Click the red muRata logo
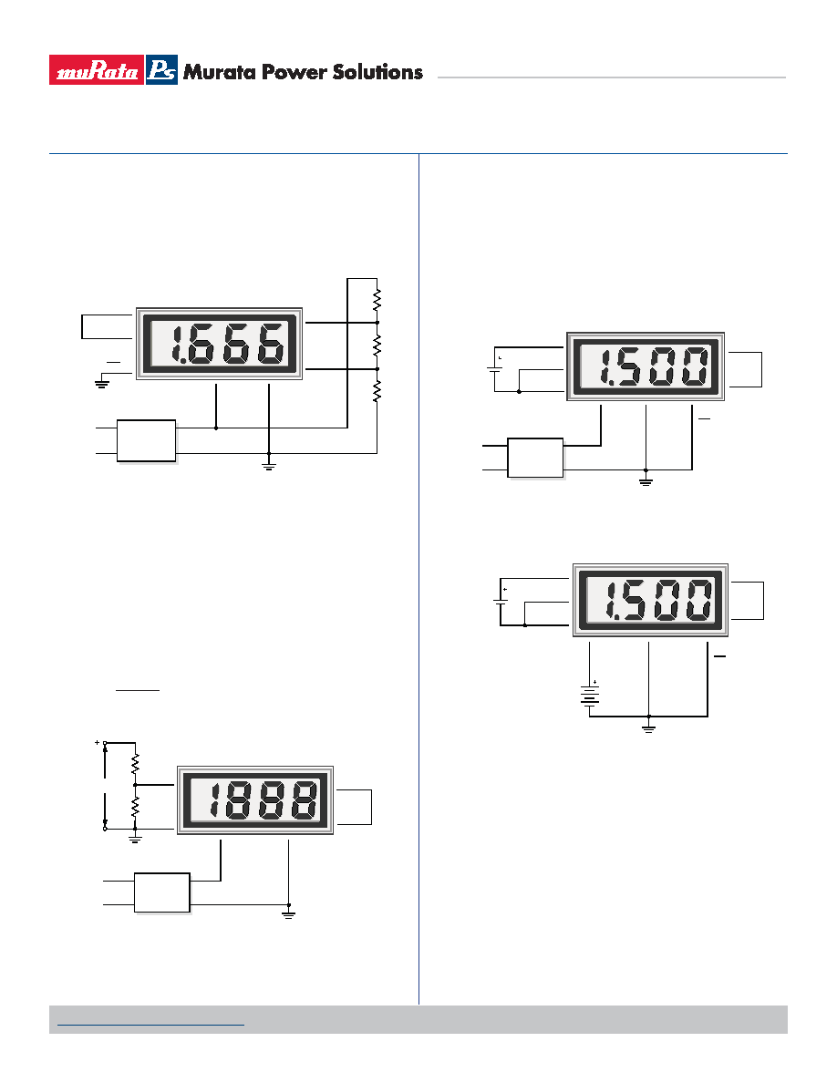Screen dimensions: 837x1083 click(97, 70)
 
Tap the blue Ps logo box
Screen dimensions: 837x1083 click(161, 70)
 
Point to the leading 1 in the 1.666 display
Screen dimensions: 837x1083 click(177, 344)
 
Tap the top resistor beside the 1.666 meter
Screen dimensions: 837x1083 click(377, 301)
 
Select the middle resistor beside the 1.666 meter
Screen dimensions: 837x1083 click(377, 346)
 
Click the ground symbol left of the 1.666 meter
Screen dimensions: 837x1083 click(101, 382)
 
